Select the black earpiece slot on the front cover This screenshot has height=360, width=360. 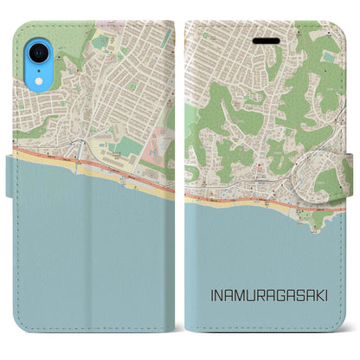pyautogui.click(x=262, y=41)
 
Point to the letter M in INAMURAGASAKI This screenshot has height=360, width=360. pyautogui.click(x=239, y=295)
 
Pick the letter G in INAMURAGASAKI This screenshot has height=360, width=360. pyautogui.click(x=275, y=295)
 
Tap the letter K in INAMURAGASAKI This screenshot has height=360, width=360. pyautogui.click(x=312, y=295)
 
